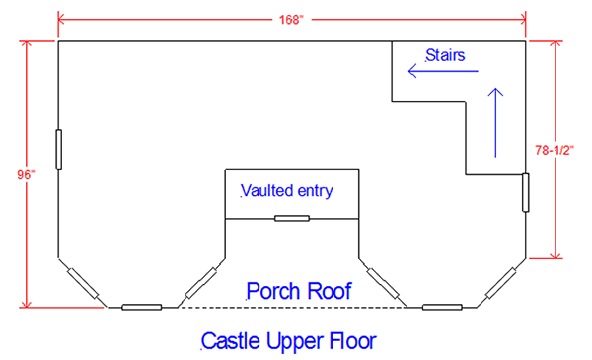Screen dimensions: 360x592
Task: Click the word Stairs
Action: (445, 55)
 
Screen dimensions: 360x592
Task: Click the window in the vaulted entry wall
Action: (292, 218)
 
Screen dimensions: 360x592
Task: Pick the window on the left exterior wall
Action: (58, 149)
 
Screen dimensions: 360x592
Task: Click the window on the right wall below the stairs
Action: (526, 192)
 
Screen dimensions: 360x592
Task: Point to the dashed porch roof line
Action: (291, 307)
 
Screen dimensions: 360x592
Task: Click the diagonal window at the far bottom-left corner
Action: (81, 283)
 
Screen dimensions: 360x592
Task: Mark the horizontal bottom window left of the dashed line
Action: (141, 307)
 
